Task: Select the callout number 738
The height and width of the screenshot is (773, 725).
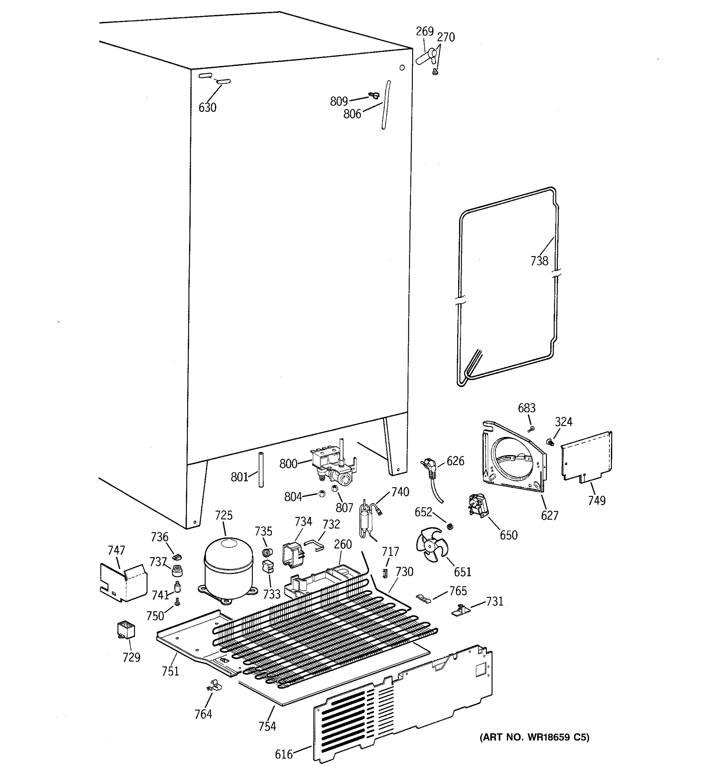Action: (539, 261)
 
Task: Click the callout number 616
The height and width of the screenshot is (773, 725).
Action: (284, 754)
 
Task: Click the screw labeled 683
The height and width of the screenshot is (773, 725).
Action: (532, 429)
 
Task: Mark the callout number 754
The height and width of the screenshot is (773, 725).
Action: (267, 726)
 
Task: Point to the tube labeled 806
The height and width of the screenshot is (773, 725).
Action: (386, 105)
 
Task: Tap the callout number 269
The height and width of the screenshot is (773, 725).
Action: (424, 32)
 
